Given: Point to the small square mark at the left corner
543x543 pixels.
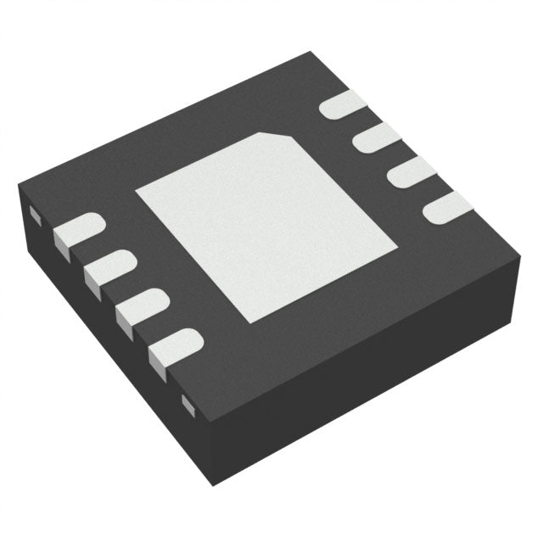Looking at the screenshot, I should [x=35, y=212].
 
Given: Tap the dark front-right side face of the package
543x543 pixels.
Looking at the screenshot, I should [x=365, y=373].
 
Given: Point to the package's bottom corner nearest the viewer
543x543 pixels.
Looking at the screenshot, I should [x=213, y=485].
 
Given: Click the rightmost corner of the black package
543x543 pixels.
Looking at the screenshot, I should [x=520, y=251].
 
